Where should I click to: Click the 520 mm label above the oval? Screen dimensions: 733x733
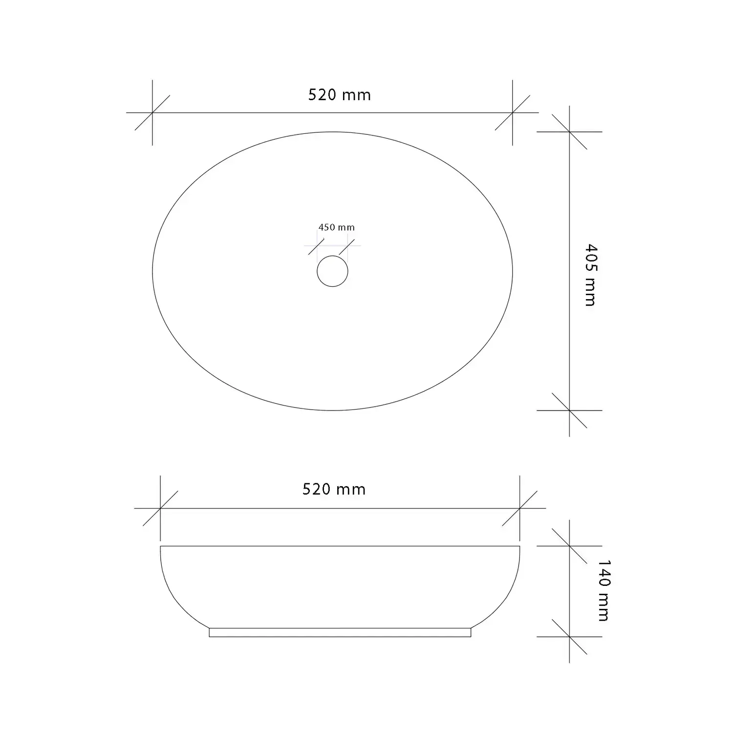click(340, 95)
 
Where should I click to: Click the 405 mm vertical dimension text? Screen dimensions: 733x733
click(590, 275)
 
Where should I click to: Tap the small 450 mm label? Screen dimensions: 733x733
click(337, 227)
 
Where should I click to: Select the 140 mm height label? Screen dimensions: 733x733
click(604, 590)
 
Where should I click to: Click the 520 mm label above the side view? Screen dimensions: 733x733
click(334, 489)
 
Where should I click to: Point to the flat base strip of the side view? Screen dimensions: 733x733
click(340, 632)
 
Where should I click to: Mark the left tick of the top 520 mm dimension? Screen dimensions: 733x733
click(152, 113)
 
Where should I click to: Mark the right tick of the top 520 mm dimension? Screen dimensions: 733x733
click(513, 113)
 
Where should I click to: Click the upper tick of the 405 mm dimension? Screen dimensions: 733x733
click(569, 132)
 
